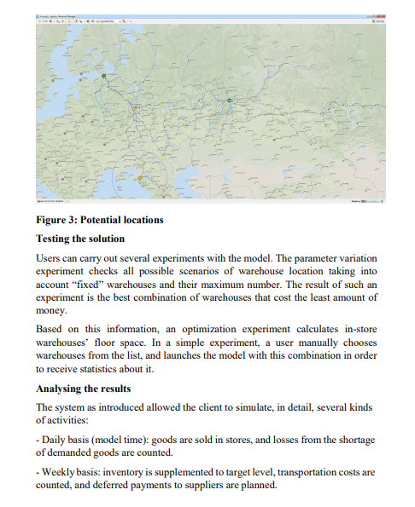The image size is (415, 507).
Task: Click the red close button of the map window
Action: point(381,15)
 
